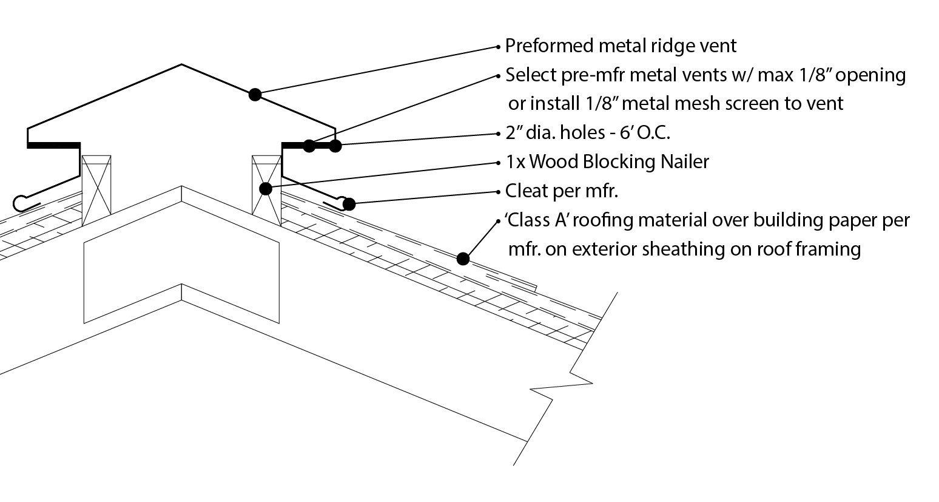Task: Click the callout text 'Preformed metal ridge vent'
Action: tap(621, 46)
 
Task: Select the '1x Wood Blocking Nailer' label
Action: tap(607, 161)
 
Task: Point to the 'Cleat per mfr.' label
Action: tap(561, 191)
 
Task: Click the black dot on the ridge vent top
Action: tap(255, 94)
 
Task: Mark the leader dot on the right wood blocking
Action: tap(265, 189)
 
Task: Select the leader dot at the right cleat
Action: tap(349, 204)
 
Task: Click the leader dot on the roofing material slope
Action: tap(463, 259)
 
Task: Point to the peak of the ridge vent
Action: tap(181, 64)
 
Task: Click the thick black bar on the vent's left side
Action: tap(53, 145)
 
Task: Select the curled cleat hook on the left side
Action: tap(21, 202)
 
